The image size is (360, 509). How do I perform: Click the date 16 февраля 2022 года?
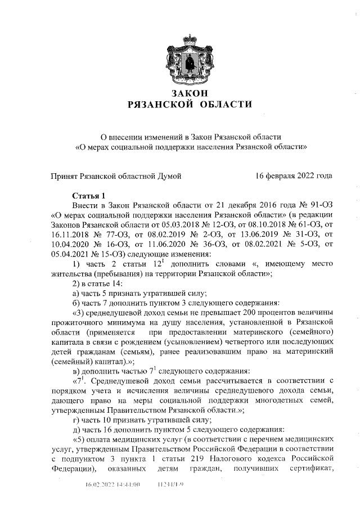(x=294, y=176)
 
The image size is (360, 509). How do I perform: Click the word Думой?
(x=169, y=176)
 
